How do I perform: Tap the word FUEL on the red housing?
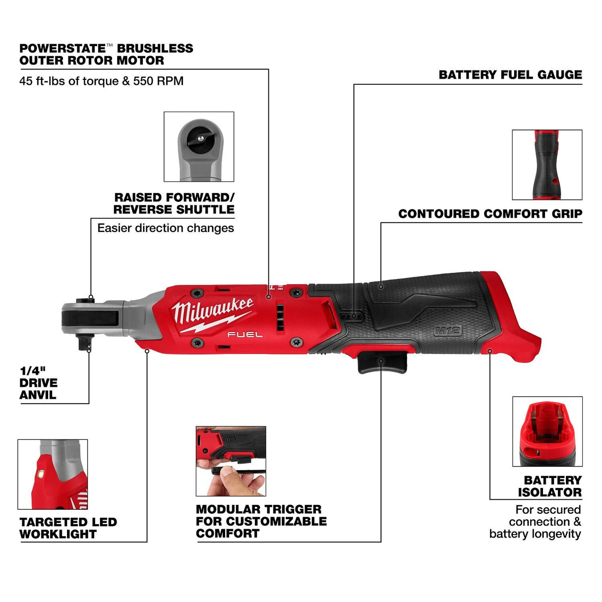click(x=245, y=335)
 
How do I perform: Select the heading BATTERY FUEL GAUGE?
click(x=510, y=75)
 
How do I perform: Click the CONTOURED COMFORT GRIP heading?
click(x=490, y=214)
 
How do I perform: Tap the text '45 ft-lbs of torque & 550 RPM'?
click(x=101, y=81)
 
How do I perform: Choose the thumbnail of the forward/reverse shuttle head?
click(x=199, y=147)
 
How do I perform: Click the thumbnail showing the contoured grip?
click(x=547, y=165)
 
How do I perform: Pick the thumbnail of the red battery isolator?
click(x=547, y=431)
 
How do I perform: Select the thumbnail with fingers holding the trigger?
click(x=231, y=461)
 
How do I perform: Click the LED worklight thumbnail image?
click(x=53, y=474)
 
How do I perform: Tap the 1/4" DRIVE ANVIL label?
click(x=38, y=383)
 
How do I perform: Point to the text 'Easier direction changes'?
click(x=166, y=228)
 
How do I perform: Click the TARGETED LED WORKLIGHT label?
click(x=68, y=528)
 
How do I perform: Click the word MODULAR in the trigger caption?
click(x=228, y=509)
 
